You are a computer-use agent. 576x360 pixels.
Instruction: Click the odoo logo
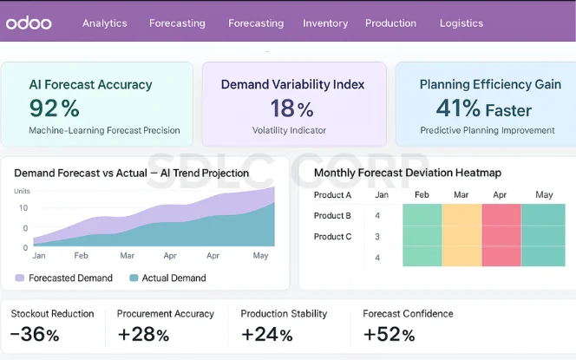(x=29, y=23)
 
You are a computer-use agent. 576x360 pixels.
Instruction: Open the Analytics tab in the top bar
(x=104, y=23)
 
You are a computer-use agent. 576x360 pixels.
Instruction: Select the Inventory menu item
(x=325, y=23)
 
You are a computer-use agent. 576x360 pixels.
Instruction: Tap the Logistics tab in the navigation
(x=461, y=23)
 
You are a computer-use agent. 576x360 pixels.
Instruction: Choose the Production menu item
(x=390, y=23)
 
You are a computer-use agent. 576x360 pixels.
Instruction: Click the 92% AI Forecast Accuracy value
(x=54, y=108)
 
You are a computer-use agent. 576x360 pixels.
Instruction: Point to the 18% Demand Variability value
(x=291, y=108)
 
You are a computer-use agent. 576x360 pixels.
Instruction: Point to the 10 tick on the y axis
(x=23, y=208)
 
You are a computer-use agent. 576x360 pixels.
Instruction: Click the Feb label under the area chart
(x=81, y=256)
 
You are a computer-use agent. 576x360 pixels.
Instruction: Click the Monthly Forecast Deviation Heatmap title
(x=407, y=173)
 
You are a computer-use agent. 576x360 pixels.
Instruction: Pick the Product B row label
(x=332, y=215)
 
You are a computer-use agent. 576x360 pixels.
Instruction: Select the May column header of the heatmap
(x=544, y=195)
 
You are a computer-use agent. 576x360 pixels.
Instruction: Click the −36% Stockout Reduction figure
(x=35, y=335)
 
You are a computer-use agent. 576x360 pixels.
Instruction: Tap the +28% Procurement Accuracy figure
(x=143, y=335)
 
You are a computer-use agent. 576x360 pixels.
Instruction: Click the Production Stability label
(x=284, y=314)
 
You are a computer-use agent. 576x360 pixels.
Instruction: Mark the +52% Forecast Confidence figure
(x=389, y=335)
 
